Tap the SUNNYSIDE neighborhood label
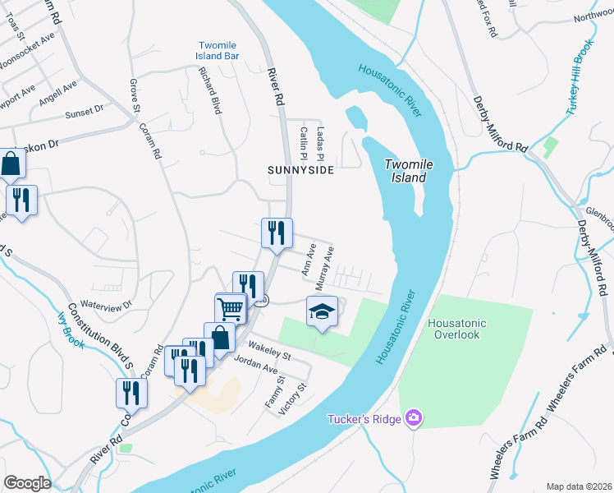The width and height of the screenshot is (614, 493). pos(301,170)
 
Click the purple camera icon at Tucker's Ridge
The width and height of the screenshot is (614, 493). pos(413,419)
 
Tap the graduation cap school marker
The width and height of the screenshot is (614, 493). pos(322,311)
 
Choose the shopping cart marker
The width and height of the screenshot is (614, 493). pos(231,309)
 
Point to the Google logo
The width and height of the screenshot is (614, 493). pos(27,482)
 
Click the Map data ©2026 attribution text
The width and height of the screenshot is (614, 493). pos(579,486)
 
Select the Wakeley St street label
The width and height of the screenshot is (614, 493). pos(268,352)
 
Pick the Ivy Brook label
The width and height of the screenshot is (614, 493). pos(71,329)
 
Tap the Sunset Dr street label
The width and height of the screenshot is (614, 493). pos(85,108)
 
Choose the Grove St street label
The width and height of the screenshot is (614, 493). pos(134,95)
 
